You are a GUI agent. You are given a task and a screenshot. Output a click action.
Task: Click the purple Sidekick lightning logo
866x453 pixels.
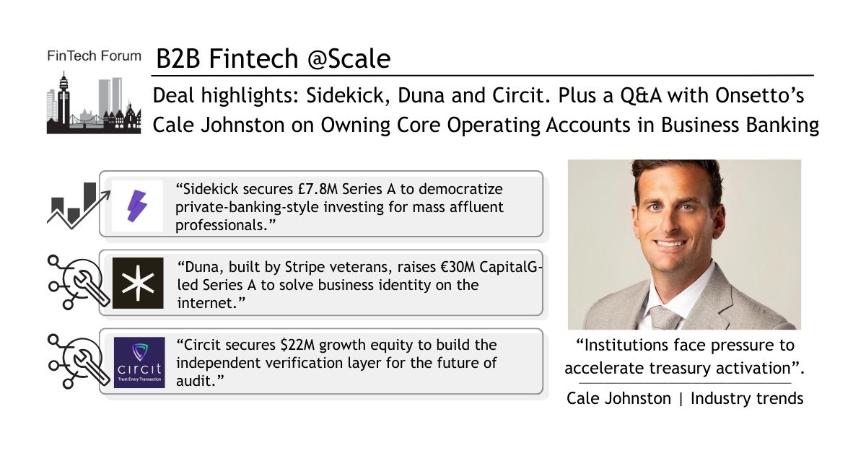137,206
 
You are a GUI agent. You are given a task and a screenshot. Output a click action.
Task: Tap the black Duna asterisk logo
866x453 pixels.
138,283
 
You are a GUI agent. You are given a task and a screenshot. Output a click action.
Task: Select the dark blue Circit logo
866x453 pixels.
139,363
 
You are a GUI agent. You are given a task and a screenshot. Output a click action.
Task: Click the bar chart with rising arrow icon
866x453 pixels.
79,206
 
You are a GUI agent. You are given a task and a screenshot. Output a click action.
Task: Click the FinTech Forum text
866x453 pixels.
94,56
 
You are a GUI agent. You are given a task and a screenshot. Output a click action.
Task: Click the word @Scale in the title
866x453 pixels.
349,59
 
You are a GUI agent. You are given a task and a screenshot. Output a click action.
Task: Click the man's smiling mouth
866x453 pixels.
670,244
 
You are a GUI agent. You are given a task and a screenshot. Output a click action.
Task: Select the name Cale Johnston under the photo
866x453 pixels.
618,398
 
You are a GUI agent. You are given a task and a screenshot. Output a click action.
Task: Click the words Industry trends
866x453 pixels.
747,398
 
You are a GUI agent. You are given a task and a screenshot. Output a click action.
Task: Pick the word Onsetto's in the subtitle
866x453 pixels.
760,95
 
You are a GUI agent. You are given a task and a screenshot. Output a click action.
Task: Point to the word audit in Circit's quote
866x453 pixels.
196,381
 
